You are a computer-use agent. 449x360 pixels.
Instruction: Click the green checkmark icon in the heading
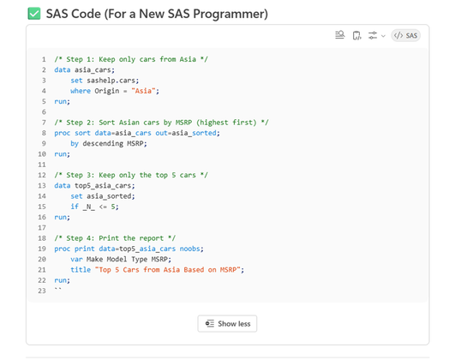[34, 14]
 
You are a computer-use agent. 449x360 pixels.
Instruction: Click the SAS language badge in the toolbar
[406, 35]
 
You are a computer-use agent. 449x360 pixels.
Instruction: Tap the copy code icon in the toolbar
[356, 35]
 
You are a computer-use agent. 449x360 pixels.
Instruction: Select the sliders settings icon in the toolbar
[373, 35]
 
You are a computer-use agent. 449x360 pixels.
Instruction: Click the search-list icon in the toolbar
[340, 35]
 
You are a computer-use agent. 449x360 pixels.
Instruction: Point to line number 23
[42, 291]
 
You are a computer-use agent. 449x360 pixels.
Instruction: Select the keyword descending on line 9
[103, 143]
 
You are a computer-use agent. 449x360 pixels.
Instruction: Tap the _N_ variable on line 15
[89, 207]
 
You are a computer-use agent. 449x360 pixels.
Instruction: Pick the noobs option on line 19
[189, 249]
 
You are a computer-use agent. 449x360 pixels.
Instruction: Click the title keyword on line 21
[81, 270]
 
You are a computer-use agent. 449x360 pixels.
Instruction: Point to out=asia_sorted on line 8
[186, 133]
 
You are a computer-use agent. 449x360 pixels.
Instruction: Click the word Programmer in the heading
[230, 14]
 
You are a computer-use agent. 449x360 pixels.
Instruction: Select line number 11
[42, 165]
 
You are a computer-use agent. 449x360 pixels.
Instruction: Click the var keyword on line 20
[76, 259]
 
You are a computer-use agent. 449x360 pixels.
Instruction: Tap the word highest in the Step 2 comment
[212, 123]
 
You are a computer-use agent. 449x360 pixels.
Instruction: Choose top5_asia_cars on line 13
[103, 186]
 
